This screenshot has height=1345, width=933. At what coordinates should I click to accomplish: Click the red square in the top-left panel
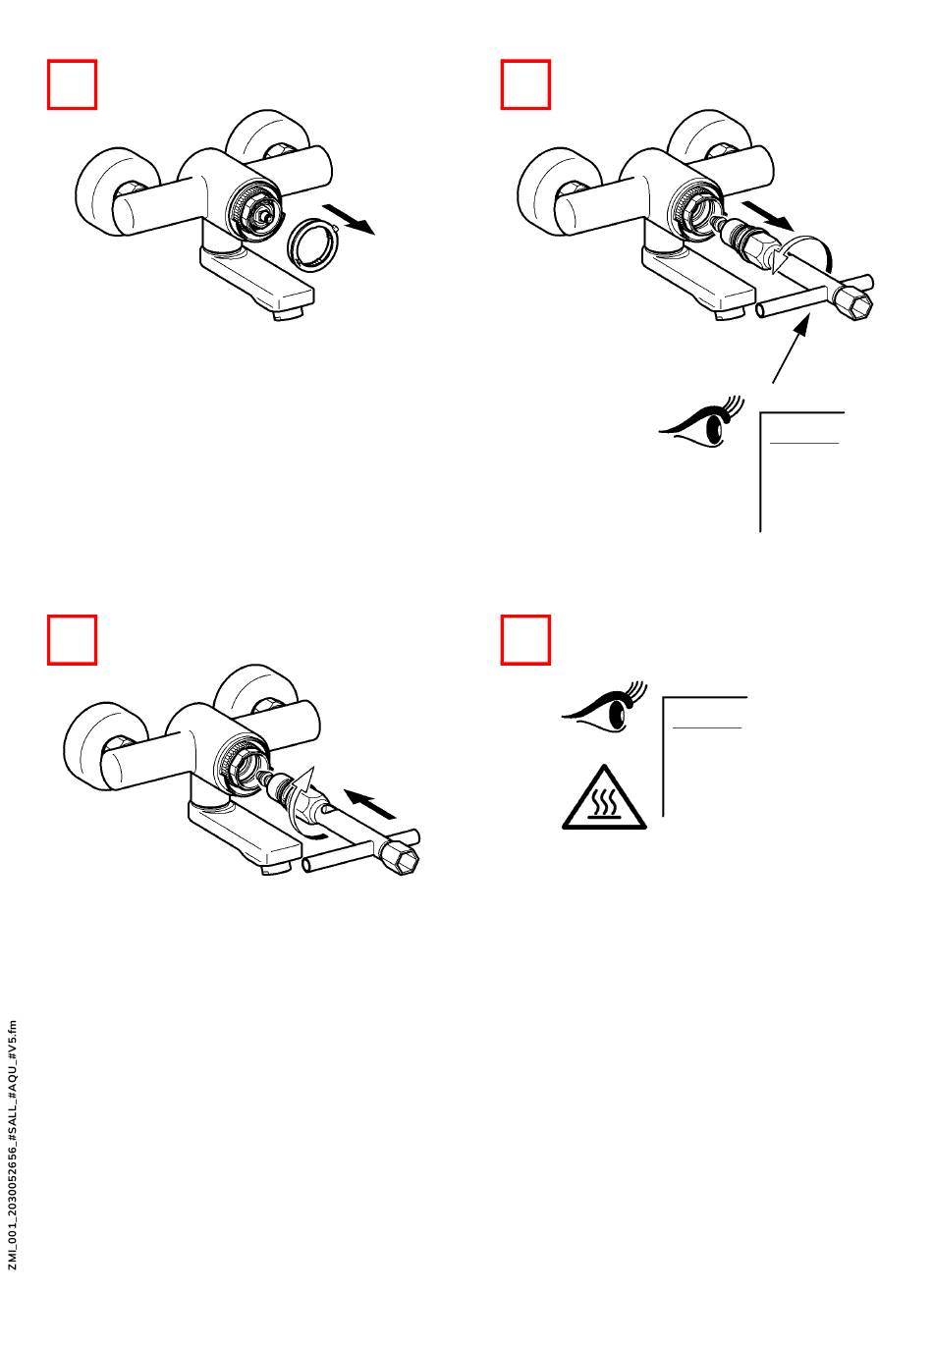72,84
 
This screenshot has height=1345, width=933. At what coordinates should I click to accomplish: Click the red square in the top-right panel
525,84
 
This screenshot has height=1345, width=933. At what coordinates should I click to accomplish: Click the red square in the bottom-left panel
72,639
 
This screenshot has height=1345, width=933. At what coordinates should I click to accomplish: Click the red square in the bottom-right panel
525,639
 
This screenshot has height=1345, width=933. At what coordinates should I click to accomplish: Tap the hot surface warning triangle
604,798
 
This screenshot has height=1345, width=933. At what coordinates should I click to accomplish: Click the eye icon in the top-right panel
701,421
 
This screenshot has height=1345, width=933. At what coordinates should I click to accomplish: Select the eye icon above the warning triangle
604,707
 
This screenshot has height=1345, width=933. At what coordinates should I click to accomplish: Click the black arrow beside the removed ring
349,219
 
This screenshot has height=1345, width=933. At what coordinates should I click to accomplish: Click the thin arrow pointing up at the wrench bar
790,350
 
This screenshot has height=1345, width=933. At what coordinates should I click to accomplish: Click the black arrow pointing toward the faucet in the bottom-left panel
370,803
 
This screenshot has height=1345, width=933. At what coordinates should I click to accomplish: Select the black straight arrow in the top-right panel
768,216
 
